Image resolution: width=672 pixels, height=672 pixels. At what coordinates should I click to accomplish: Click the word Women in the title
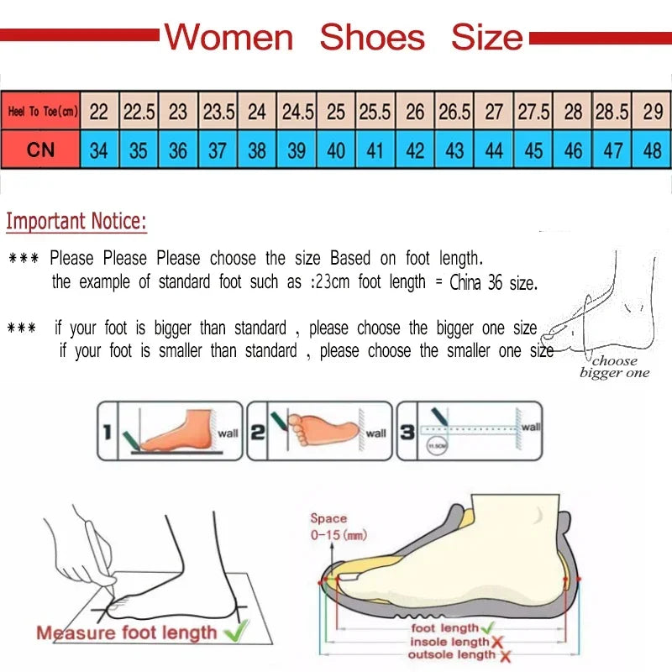228,37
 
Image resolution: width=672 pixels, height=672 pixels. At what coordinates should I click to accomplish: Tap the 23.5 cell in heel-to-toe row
218,111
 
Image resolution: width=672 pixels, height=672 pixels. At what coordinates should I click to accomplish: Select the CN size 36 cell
178,150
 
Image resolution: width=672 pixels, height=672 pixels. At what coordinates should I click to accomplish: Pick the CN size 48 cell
652,150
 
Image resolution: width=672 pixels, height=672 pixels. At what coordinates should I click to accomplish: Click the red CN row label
40,150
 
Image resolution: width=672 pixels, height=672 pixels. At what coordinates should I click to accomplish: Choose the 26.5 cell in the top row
454,111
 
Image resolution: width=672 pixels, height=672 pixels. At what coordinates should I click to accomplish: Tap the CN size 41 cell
375,150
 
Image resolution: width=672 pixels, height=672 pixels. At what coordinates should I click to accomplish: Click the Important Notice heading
76,223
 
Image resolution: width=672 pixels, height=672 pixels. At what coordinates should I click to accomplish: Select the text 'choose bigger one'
614,367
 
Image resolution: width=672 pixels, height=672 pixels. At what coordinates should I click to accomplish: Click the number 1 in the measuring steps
107,433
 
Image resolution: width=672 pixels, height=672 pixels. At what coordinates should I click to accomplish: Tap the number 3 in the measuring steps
407,433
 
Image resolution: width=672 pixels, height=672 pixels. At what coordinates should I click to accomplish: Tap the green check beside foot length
489,627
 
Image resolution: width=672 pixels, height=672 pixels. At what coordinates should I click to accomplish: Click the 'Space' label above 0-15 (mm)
328,518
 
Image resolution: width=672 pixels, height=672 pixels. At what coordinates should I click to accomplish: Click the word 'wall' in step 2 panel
375,433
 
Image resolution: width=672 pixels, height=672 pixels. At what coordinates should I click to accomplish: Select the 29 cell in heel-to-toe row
652,111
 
